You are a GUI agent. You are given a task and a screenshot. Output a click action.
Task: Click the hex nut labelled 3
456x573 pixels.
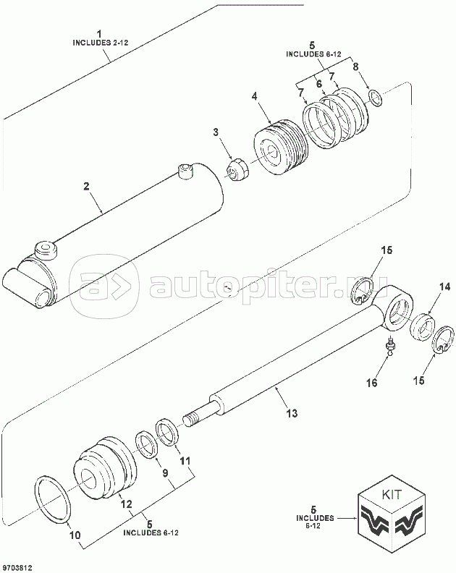pyautogui.click(x=236, y=170)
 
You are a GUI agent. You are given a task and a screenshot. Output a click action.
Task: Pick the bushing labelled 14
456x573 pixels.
pyautogui.click(x=422, y=326)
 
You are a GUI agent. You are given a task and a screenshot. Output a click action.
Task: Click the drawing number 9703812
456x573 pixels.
pyautogui.click(x=17, y=567)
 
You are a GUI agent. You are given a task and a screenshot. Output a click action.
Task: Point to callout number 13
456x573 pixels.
pyautogui.click(x=292, y=413)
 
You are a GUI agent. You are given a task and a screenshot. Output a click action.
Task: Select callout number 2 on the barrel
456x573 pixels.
pyautogui.click(x=86, y=186)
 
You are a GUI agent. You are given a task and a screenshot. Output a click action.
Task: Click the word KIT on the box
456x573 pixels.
pyautogui.click(x=392, y=494)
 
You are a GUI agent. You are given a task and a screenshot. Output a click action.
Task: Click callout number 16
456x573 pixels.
pyautogui.click(x=372, y=383)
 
